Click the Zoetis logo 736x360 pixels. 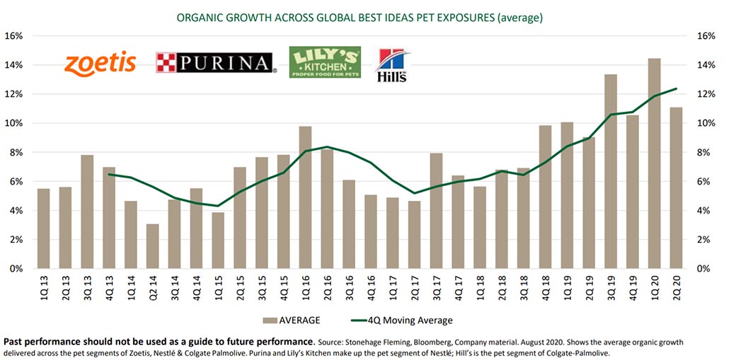tap(100, 64)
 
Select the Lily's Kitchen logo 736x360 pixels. tap(325, 62)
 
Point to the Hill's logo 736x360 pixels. tap(392, 65)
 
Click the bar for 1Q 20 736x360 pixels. tap(654, 164)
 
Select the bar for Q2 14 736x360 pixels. tap(153, 246)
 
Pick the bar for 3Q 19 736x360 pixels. tap(610, 172)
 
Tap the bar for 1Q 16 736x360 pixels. tap(305, 197)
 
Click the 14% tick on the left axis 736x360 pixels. tap(15, 65)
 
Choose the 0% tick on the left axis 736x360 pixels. tap(16, 269)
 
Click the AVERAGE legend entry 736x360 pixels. tap(292, 320)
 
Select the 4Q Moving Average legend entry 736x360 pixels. tap(401, 320)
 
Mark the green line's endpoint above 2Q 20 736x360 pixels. tap(676, 88)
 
